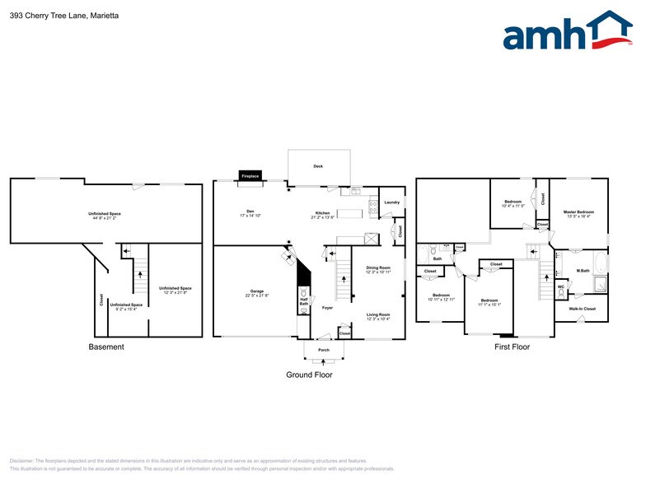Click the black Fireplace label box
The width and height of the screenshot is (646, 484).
click(x=250, y=175)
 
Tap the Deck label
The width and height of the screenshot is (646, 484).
click(x=318, y=165)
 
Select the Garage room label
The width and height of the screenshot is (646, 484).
click(x=257, y=291)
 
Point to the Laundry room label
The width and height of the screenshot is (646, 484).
click(x=391, y=202)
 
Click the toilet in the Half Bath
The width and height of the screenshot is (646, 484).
click(x=305, y=292)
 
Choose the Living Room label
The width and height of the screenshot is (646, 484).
click(x=378, y=314)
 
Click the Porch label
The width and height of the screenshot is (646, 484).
click(x=323, y=348)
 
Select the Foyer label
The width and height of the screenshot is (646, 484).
click(x=327, y=308)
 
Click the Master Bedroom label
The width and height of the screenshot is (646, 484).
click(x=578, y=212)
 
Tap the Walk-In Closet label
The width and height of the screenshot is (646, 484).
click(x=582, y=309)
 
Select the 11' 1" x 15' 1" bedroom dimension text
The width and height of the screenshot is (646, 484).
click(x=489, y=304)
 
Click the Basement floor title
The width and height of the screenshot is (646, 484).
click(x=106, y=347)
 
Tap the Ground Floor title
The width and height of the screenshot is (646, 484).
click(x=310, y=375)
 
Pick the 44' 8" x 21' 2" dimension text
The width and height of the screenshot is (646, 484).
click(x=105, y=219)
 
